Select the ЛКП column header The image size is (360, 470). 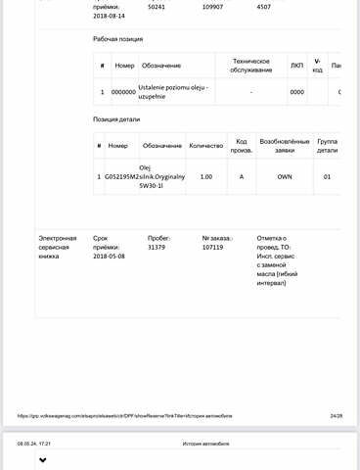pos(297,66)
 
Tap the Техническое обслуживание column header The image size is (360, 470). pos(251,66)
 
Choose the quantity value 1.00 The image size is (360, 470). pos(205,176)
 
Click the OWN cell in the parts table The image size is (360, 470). pos(284,176)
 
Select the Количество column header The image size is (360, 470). pos(205,146)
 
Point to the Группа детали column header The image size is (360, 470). pos(327,146)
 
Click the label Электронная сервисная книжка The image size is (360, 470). pos(58,247)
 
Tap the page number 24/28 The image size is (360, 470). pos(337,415)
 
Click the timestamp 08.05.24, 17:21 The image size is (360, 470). pos(33,444)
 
